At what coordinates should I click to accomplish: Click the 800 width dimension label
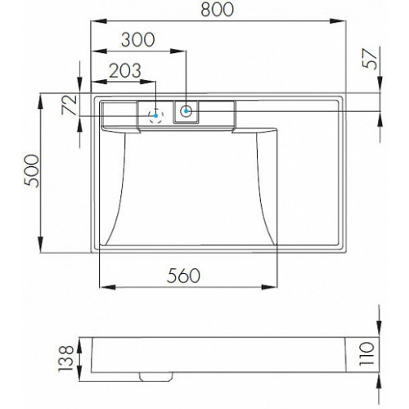click(218, 10)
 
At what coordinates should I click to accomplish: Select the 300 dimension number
click(138, 40)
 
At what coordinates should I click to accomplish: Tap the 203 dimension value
click(125, 70)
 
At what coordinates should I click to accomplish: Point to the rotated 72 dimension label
click(70, 105)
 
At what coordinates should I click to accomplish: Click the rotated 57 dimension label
click(370, 60)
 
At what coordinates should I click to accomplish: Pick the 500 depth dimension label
click(31, 171)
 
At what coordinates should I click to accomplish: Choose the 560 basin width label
click(183, 276)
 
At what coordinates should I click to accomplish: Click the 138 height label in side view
click(66, 358)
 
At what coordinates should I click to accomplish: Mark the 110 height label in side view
click(366, 354)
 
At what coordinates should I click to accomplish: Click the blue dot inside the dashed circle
click(155, 115)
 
